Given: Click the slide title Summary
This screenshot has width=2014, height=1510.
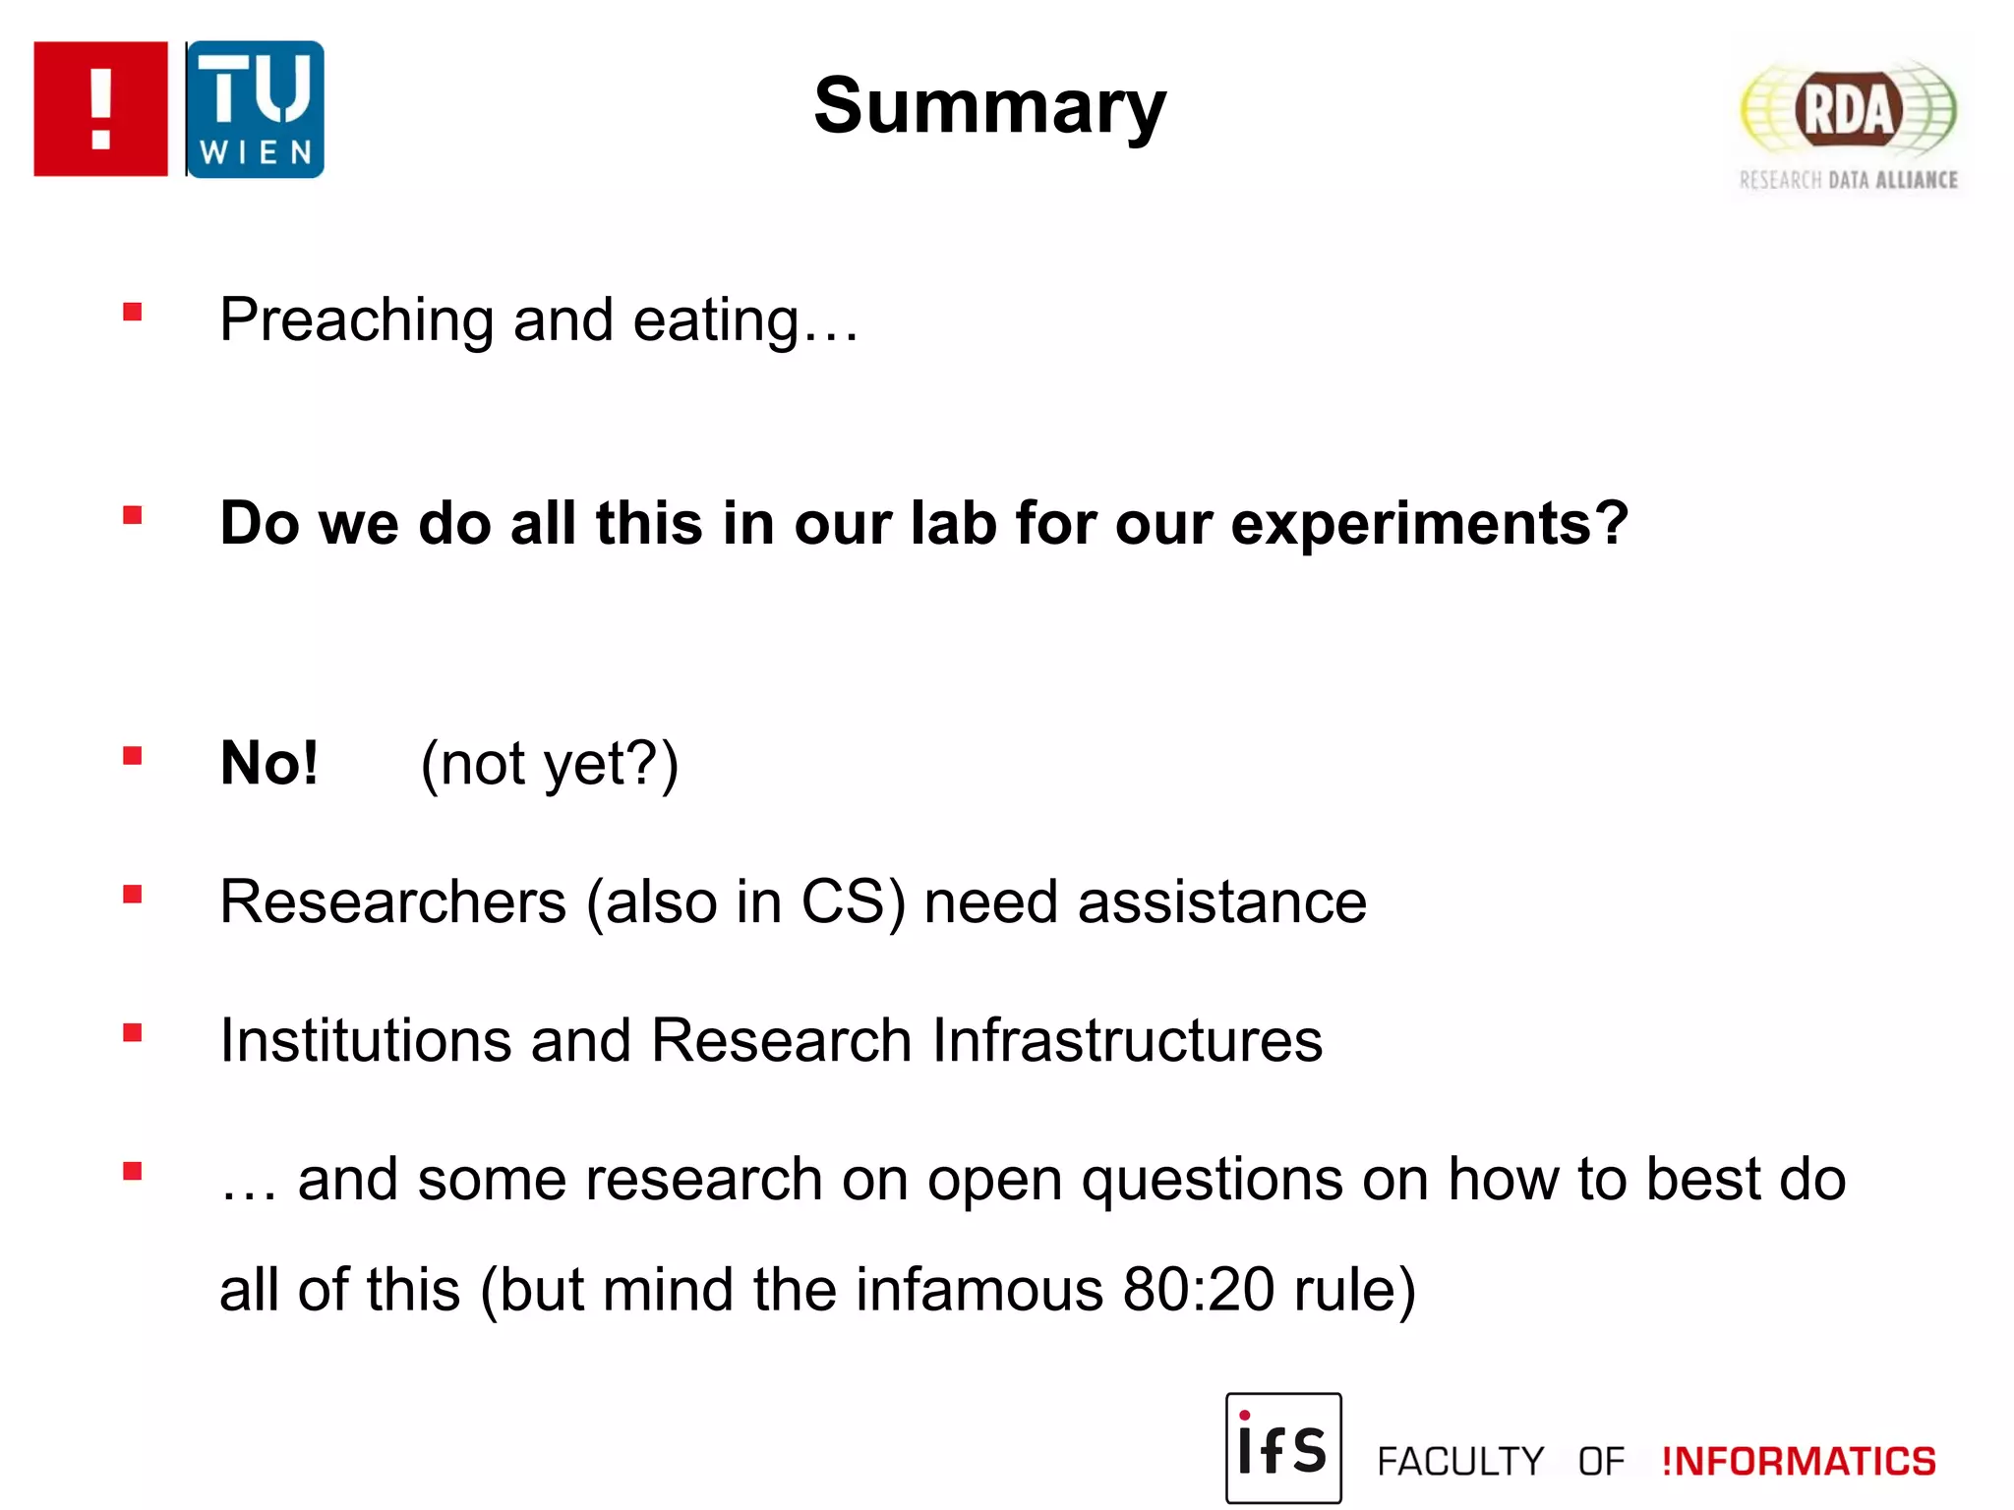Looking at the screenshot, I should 989,106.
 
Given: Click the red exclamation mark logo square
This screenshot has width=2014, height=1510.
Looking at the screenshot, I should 100,109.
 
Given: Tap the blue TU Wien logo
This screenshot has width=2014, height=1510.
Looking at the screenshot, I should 255,109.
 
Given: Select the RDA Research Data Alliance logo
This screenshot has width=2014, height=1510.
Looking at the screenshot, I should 1848,123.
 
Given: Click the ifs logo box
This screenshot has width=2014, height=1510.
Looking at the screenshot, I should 1282,1447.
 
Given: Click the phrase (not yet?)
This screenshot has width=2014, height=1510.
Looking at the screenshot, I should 549,764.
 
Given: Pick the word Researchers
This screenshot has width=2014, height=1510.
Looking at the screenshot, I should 393,901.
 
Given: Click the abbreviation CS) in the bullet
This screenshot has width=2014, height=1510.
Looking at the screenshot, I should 853,901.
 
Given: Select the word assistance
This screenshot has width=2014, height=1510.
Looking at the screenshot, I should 1221,901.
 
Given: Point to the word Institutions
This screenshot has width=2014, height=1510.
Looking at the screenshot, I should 366,1040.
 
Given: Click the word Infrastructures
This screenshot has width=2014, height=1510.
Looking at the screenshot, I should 1126,1040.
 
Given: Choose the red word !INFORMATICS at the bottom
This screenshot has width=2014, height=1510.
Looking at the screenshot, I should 1798,1462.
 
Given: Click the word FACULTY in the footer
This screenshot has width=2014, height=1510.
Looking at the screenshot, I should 1460,1462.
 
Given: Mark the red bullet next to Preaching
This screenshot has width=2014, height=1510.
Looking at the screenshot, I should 133,313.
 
